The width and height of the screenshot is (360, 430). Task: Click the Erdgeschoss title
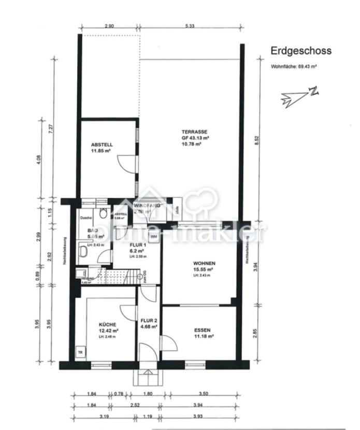click(300, 51)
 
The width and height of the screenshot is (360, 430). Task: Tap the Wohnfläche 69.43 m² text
click(294, 67)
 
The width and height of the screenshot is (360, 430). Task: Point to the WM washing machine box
click(154, 236)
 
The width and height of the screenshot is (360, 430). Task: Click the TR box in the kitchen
click(80, 353)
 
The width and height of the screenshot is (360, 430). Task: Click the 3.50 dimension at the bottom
click(203, 394)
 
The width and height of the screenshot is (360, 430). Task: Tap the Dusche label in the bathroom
click(86, 218)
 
